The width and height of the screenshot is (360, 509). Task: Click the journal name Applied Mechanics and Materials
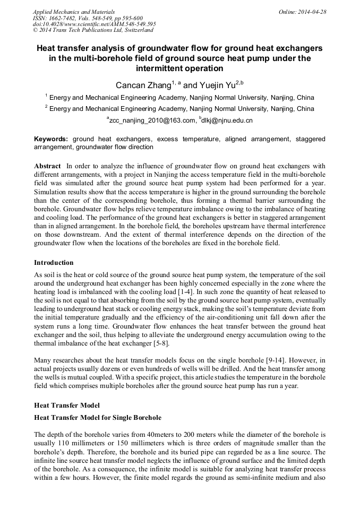(x=74, y=12)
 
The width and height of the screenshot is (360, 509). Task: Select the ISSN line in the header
(x=88, y=18)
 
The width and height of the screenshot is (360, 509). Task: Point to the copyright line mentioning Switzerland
(x=92, y=30)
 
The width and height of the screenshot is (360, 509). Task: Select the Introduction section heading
(x=54, y=263)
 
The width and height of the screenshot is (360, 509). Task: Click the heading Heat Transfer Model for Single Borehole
(x=98, y=418)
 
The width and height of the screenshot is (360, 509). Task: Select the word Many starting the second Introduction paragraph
(x=44, y=360)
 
